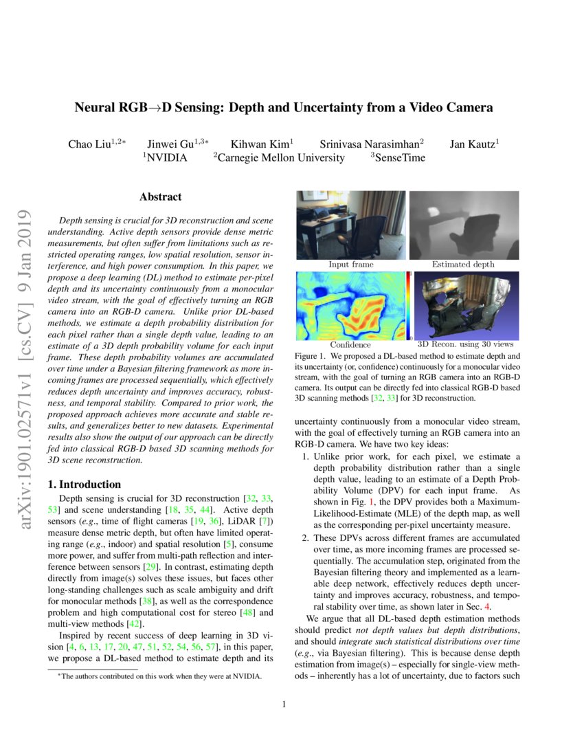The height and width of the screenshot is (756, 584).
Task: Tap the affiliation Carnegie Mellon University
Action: point(279,158)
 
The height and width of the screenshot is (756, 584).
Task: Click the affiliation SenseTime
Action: point(400,158)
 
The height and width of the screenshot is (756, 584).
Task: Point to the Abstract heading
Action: point(160,197)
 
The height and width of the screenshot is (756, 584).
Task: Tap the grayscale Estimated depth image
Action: point(464,225)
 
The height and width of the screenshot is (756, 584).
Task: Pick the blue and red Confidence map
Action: point(350,305)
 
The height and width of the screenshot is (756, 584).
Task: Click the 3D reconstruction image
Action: point(466,305)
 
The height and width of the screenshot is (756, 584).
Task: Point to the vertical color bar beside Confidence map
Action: point(409,305)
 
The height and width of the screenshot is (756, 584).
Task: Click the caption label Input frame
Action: point(350,264)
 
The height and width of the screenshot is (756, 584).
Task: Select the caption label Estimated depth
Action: point(462,264)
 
